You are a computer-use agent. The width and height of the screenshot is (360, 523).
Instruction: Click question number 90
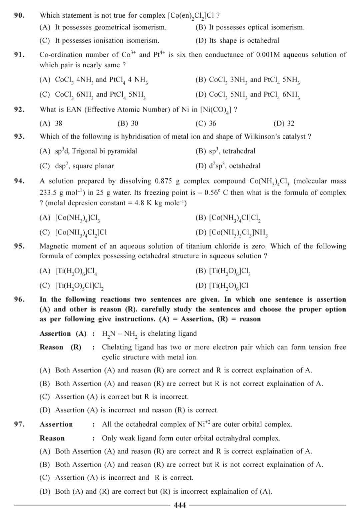click(19, 15)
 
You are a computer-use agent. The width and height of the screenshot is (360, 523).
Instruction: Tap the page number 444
click(180, 505)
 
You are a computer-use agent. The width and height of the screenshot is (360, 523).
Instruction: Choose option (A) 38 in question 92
click(51, 124)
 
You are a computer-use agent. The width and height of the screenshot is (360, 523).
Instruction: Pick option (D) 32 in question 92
click(284, 124)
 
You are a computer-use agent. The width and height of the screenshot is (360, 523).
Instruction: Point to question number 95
click(19, 246)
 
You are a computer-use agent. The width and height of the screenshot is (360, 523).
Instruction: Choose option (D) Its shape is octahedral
click(237, 41)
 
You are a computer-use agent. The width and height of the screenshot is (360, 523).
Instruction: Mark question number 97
click(19, 424)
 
